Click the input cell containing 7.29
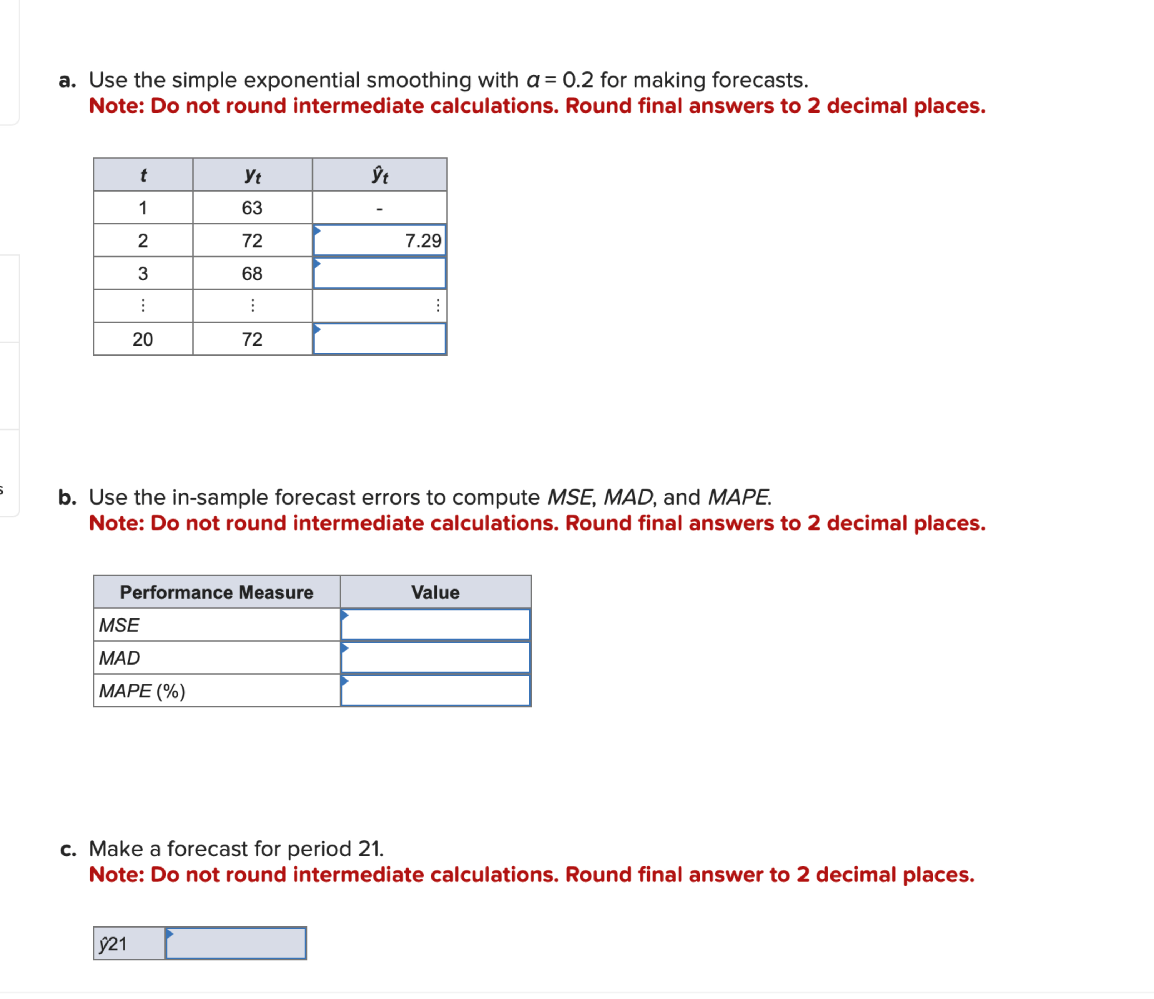tap(379, 240)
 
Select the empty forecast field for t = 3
tap(379, 273)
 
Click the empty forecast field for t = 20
tap(379, 339)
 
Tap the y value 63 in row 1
tap(252, 208)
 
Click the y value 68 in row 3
tap(252, 274)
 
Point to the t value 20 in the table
tap(143, 339)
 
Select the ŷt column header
tap(379, 175)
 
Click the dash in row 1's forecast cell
tap(379, 209)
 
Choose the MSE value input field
tap(435, 625)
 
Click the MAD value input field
tap(435, 658)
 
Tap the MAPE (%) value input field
tap(435, 691)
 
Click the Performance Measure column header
tap(216, 592)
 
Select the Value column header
tap(435, 592)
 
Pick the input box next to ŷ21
tap(236, 943)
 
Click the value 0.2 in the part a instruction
tap(577, 80)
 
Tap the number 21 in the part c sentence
tap(369, 849)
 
